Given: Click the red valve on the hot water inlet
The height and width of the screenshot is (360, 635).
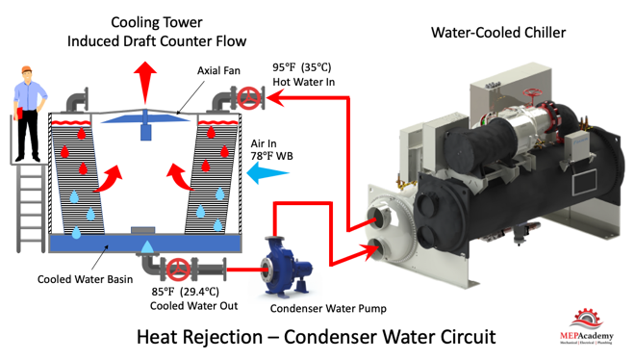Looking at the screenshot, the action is point(248,98).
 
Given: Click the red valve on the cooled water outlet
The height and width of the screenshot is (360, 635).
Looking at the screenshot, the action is point(178,270).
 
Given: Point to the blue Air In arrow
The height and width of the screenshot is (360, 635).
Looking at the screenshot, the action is point(267,173).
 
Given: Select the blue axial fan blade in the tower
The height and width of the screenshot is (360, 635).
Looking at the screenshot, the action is point(145,118).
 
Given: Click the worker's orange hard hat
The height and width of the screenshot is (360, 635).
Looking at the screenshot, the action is point(26,69).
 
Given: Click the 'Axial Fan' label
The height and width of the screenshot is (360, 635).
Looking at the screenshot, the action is point(218,70).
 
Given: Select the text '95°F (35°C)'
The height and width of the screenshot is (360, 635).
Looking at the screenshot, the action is point(302,67).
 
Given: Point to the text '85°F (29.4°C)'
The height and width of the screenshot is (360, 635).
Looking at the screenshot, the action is point(186,292).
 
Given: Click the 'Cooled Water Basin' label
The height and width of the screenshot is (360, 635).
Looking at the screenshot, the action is point(85,279).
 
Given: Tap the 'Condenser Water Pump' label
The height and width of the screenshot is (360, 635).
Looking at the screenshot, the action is point(328,309).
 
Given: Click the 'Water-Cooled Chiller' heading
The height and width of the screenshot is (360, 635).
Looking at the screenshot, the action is point(498,33).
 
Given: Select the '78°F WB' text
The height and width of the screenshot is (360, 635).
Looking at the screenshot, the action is point(271,156).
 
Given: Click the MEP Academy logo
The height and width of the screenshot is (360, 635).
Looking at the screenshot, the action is point(586,327).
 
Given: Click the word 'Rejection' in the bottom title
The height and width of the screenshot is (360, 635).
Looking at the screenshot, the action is point(223,337).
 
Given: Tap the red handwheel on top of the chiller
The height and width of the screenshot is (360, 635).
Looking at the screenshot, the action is point(531,92).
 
